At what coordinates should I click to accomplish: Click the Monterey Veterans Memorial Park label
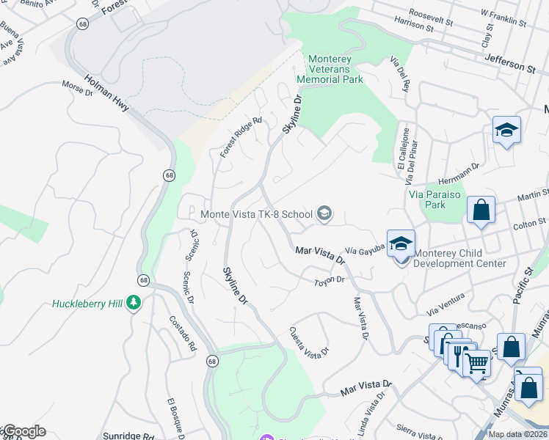point(330,68)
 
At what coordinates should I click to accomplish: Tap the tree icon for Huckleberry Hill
point(134,303)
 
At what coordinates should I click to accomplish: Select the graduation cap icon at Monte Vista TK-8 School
point(324,214)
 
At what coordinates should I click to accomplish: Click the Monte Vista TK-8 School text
point(256,214)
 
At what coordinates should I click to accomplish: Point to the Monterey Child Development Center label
point(459,258)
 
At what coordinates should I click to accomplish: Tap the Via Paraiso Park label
point(435,199)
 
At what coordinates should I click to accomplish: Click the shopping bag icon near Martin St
point(481,210)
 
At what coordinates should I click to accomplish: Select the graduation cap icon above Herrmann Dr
point(506,131)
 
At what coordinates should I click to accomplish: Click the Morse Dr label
point(78,88)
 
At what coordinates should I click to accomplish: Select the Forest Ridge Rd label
point(241,138)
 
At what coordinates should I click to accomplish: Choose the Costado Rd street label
point(183,334)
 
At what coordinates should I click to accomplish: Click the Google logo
point(23,431)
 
